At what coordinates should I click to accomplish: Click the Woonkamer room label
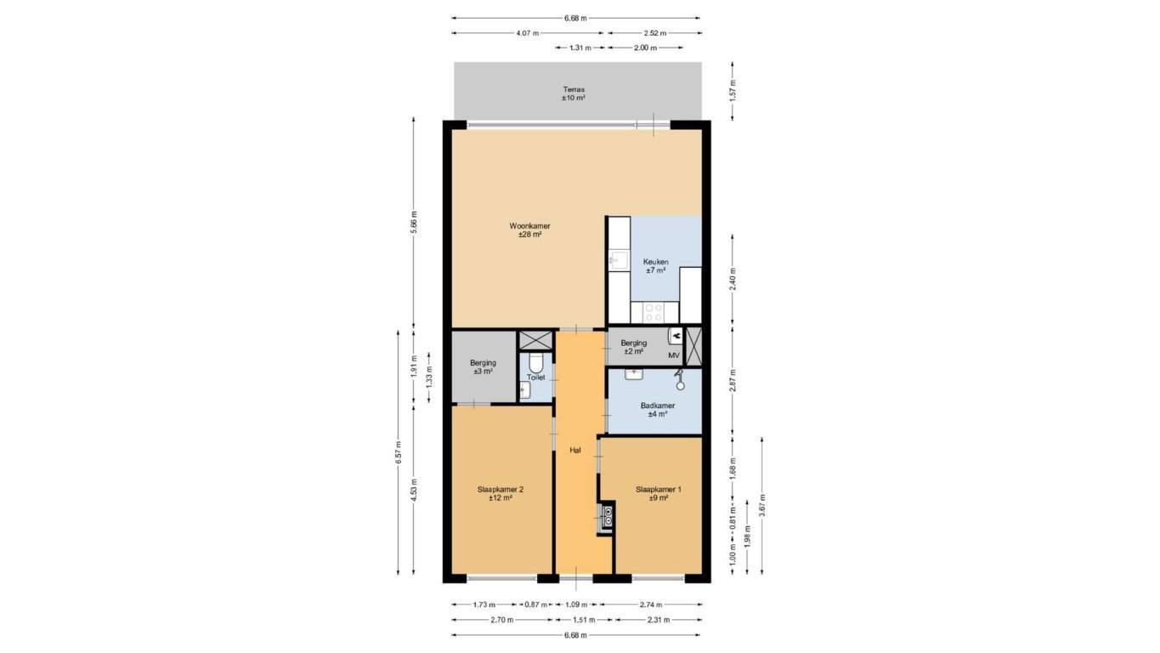click(529, 226)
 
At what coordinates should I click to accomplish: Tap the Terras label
click(574, 89)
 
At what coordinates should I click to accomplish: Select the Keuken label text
click(655, 262)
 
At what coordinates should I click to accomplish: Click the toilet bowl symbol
click(536, 362)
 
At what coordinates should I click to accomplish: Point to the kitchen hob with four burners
click(654, 313)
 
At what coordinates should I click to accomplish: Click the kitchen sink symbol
click(619, 260)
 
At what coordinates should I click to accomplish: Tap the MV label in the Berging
click(674, 355)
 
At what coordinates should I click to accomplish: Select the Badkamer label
click(658, 406)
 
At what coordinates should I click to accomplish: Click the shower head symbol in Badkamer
click(680, 380)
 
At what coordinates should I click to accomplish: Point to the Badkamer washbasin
click(634, 374)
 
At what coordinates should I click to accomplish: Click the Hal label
click(574, 451)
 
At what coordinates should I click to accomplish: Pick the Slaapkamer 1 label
click(659, 489)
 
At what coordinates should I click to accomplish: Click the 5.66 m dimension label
click(413, 222)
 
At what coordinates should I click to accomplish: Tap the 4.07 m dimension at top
click(528, 33)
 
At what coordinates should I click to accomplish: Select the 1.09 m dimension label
click(576, 605)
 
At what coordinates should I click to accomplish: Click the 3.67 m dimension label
click(761, 505)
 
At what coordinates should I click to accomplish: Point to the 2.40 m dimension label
click(733, 280)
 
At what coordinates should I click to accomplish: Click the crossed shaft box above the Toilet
click(535, 340)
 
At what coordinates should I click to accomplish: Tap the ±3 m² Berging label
click(483, 371)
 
